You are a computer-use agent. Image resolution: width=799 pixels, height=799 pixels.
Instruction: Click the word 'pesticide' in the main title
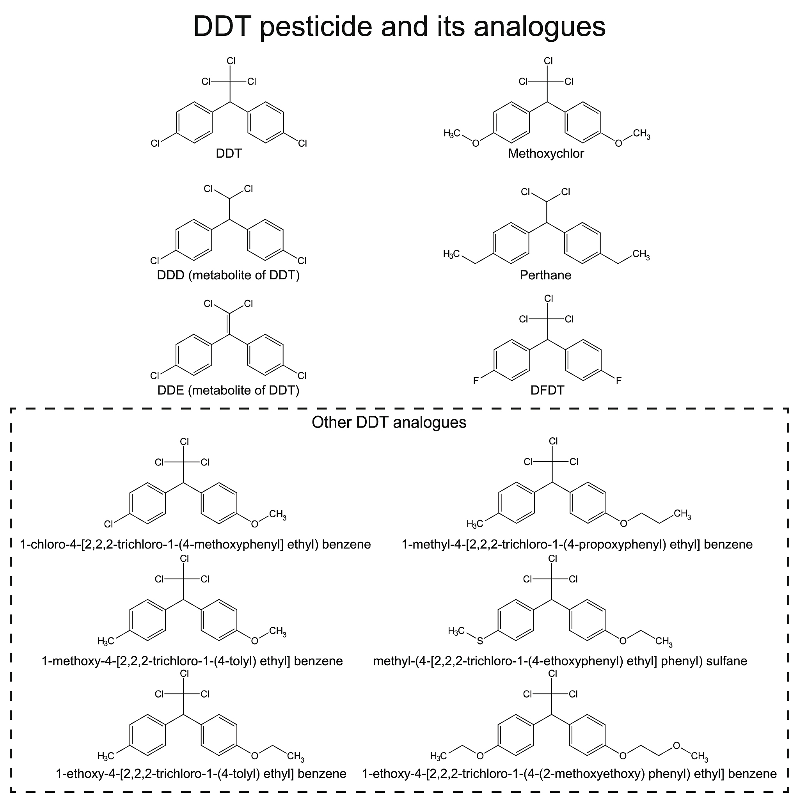[316, 27]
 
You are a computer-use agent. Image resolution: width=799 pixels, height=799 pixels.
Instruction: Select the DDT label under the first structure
[229, 153]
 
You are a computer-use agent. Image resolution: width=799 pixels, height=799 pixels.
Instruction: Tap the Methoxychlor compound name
[546, 153]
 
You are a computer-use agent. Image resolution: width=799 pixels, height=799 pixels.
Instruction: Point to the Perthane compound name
[545, 275]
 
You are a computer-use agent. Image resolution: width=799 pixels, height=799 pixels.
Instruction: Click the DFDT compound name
[547, 390]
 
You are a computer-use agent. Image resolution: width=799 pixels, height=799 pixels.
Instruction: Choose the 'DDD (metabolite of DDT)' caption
[228, 275]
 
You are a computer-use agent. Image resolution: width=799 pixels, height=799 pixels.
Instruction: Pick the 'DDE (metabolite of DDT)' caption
[228, 390]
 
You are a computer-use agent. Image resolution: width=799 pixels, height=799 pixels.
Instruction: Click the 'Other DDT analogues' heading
[389, 422]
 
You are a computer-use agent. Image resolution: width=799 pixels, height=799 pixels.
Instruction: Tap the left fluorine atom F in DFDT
[476, 381]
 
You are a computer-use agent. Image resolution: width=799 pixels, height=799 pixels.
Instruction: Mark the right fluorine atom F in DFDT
[619, 381]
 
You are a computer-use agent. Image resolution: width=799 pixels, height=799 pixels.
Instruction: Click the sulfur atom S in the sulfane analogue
[480, 641]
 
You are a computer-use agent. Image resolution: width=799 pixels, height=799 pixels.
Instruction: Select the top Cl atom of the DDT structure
[231, 61]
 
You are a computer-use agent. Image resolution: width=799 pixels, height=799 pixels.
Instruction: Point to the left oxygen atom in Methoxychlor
[476, 144]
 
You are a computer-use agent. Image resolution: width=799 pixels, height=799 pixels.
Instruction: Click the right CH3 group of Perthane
[641, 254]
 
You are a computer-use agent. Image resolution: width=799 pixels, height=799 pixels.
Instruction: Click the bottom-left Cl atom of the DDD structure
[154, 261]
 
